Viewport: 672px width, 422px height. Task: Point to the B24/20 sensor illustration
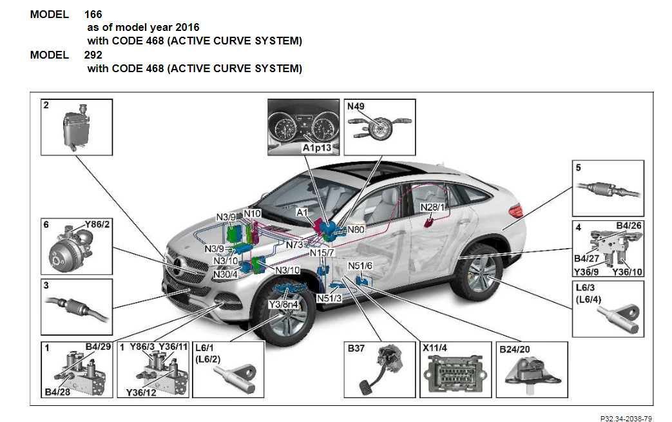coord(532,374)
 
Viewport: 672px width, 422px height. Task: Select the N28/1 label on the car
coord(432,207)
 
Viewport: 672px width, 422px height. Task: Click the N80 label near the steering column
coord(356,229)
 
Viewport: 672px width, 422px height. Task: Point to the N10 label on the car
coord(252,213)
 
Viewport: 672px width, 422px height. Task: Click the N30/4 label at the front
coord(226,274)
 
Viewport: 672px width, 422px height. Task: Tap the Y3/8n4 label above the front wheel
coord(283,303)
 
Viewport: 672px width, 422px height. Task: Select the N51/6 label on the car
coord(360,265)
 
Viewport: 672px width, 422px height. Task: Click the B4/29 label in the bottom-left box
coord(98,347)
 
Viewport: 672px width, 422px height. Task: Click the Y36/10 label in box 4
coord(628,271)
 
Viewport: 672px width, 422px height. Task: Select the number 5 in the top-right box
coord(578,168)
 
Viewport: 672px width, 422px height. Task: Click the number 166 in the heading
coord(93,14)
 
